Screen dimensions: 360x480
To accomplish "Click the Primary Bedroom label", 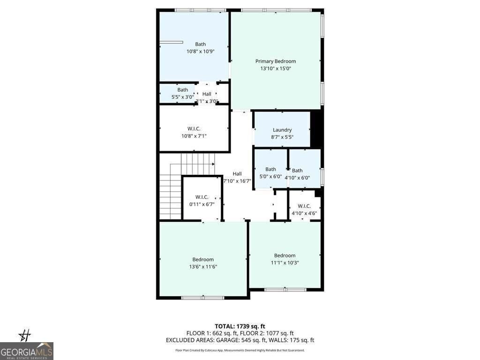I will coord(276,61).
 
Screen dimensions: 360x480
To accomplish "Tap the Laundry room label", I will coord(282,130).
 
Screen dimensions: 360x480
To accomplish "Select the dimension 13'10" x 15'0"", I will coord(276,68).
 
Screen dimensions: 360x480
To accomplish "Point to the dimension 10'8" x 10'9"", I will coord(200,52).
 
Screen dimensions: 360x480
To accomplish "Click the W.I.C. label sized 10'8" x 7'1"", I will coord(194,128).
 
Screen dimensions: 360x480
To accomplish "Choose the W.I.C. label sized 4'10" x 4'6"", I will coord(304,206).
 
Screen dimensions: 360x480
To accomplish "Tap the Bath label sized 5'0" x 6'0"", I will coord(270,169).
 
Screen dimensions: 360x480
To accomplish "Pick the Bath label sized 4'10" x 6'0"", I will coord(297,171).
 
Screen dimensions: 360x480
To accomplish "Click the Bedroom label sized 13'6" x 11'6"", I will coord(203,259).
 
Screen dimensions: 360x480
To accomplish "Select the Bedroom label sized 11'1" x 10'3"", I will coord(285,255).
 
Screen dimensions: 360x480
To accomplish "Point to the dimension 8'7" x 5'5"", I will coord(282,137).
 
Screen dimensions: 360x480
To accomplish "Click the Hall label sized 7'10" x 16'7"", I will coord(237,173).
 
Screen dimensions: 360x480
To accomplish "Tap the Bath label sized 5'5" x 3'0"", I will coord(182,90).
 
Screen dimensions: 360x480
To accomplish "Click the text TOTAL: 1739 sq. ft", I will coord(240,326).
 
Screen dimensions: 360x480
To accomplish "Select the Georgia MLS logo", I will coord(27,351).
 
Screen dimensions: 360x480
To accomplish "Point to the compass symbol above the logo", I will coord(26,335).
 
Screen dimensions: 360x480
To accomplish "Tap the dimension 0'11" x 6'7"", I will coord(202,204).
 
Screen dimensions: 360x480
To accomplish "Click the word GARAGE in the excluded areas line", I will coord(228,340).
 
